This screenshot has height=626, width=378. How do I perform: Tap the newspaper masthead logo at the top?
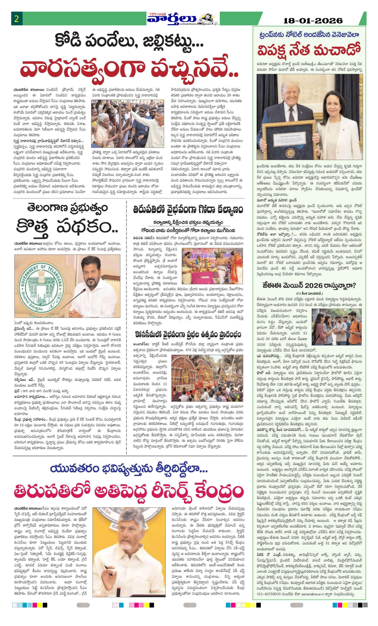[x=181, y=19]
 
